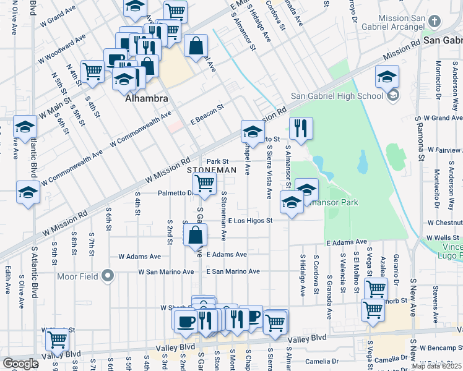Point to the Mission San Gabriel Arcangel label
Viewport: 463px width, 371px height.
[394, 23]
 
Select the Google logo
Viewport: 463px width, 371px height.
[20, 363]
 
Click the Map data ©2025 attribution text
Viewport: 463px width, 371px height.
[437, 366]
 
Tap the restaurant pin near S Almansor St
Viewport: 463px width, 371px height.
[301, 129]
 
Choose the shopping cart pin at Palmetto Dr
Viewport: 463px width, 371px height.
[204, 183]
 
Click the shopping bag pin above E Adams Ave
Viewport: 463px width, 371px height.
[196, 235]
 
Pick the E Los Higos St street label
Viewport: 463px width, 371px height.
[250, 221]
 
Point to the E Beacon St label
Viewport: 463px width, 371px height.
[206, 114]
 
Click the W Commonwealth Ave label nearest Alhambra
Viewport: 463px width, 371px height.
[141, 129]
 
